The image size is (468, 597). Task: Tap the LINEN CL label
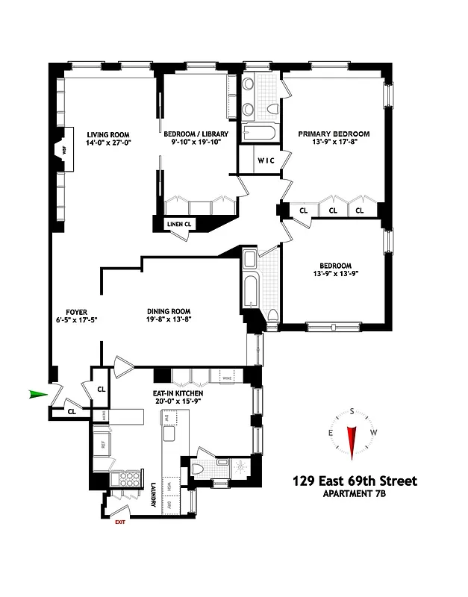178,223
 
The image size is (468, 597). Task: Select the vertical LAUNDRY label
153,493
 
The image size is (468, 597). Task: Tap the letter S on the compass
352,411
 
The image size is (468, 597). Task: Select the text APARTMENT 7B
355,495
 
